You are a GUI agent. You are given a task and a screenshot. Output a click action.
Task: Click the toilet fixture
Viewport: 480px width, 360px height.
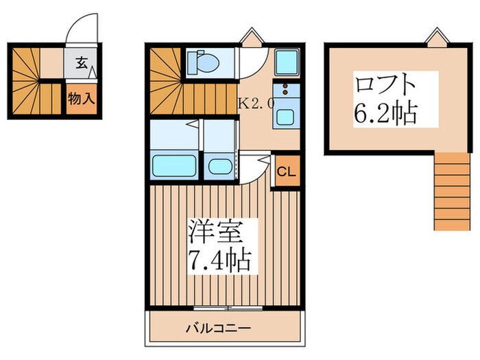click(203, 61)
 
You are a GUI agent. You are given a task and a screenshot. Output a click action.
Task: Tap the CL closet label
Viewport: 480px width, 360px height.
click(286, 171)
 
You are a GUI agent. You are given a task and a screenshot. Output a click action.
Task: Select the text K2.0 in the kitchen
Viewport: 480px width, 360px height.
click(256, 104)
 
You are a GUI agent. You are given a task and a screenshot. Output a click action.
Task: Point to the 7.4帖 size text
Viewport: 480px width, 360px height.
click(218, 261)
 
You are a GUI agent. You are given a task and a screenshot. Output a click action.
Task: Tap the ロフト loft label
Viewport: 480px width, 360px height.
click(385, 86)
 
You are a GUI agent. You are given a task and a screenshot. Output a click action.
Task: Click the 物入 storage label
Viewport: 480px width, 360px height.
click(81, 98)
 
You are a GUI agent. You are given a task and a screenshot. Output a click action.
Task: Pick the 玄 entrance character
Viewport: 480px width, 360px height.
click(81, 63)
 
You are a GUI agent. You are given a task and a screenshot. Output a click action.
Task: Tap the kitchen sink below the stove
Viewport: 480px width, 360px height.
click(283, 117)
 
